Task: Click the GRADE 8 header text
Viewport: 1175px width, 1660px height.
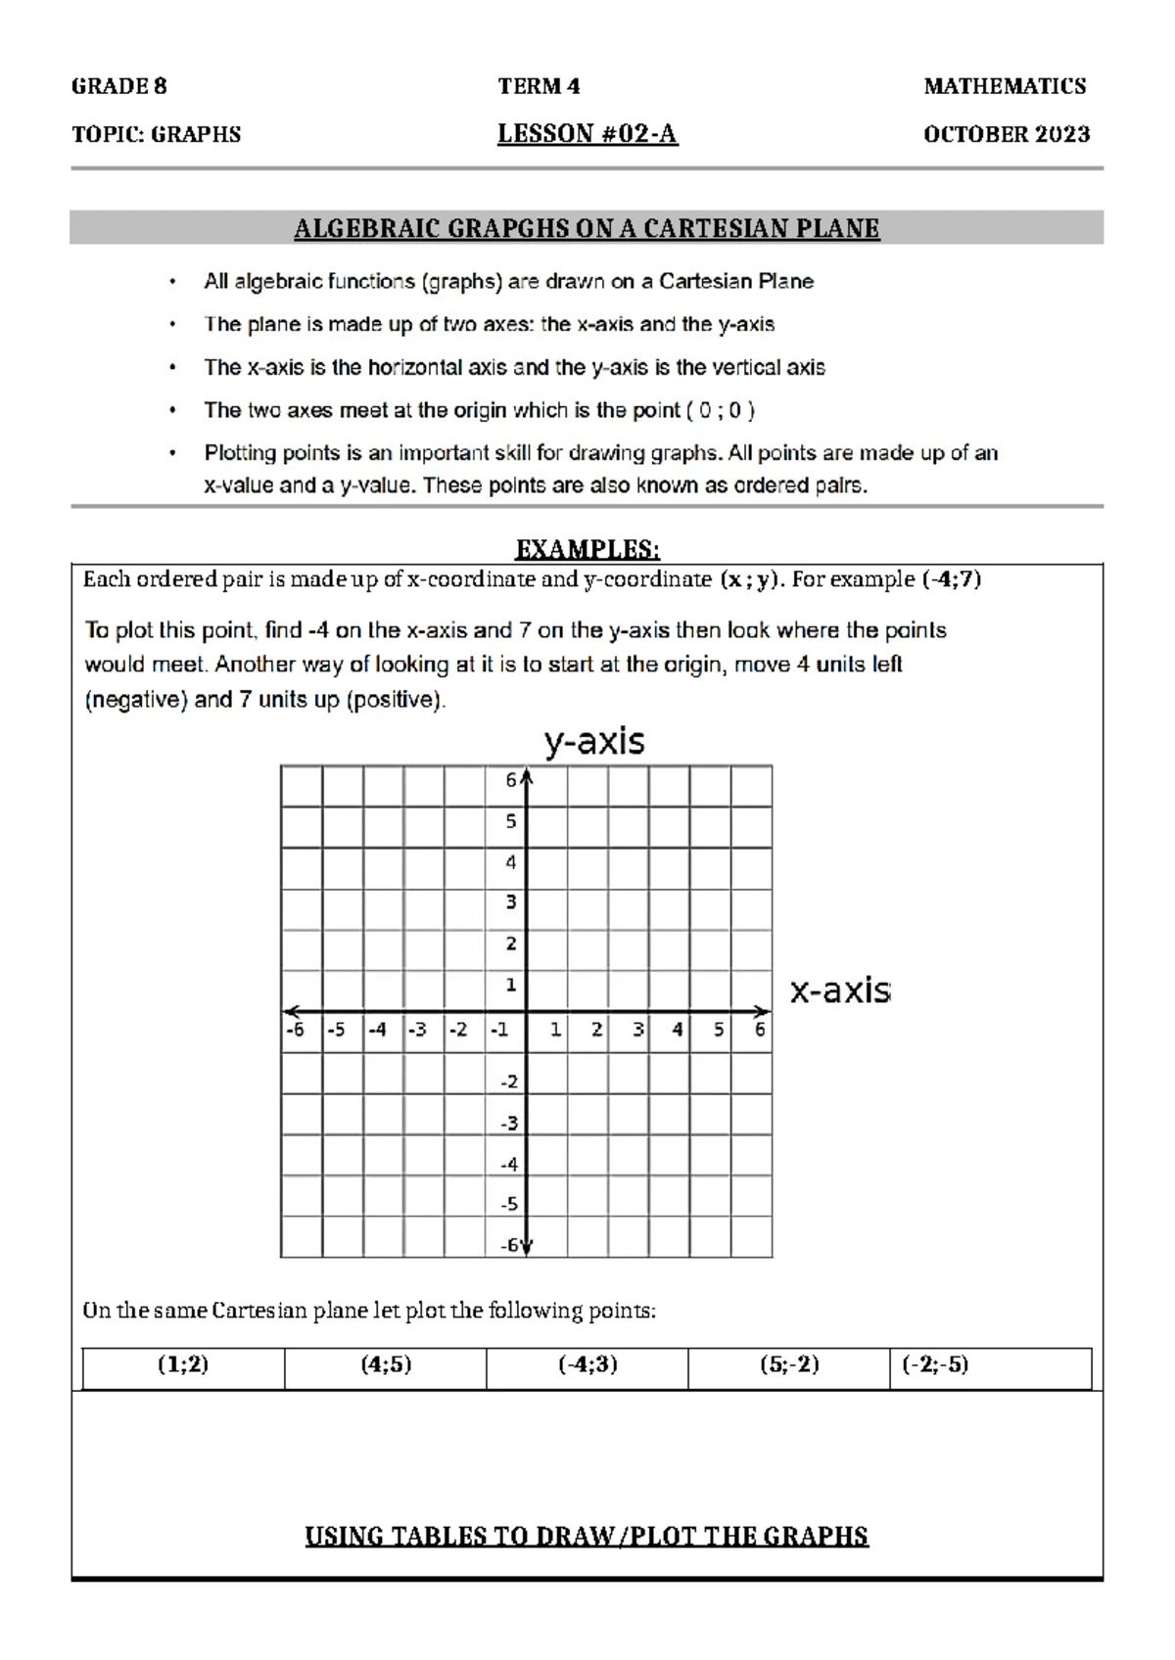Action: [118, 86]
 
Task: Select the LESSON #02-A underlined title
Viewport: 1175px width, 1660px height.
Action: [587, 134]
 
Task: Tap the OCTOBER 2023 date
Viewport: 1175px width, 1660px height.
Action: [1006, 134]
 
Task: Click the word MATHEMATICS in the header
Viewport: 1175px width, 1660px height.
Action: [1005, 86]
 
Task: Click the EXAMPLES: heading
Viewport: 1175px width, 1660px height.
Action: [587, 548]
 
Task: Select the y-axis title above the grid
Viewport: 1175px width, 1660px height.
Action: [594, 741]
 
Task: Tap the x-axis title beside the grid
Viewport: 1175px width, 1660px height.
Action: [840, 991]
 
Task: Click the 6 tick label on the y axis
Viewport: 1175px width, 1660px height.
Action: [511, 780]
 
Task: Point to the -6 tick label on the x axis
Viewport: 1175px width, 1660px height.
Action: [295, 1030]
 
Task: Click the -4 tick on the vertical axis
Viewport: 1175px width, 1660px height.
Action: [509, 1165]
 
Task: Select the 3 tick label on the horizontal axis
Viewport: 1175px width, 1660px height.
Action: [637, 1030]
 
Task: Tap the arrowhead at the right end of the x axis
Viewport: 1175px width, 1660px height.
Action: [764, 1011]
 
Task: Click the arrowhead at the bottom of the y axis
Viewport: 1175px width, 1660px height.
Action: [527, 1247]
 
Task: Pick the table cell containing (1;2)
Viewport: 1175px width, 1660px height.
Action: [183, 1364]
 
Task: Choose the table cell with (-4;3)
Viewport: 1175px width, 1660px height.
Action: [587, 1364]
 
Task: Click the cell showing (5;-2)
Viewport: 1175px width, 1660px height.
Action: [789, 1364]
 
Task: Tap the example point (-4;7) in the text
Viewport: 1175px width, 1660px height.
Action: [952, 579]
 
